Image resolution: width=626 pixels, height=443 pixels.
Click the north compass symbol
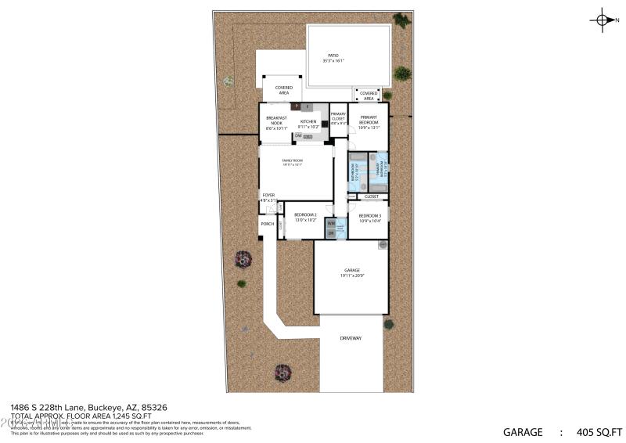tap(603, 21)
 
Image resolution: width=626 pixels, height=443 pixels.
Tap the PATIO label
tap(333, 55)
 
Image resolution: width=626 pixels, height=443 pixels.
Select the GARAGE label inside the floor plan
tap(352, 271)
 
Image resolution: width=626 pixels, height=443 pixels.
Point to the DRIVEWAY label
tap(351, 338)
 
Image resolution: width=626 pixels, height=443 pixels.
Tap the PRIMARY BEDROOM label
tap(369, 120)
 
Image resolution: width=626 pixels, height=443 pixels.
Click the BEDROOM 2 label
tap(305, 214)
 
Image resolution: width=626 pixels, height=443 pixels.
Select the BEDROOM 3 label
tap(369, 215)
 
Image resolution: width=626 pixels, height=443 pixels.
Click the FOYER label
tap(268, 195)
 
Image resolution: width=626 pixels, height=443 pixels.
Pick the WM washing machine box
tap(331, 223)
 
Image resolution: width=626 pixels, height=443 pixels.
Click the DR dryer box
tap(331, 233)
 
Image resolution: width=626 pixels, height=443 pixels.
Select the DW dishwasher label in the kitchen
tap(298, 135)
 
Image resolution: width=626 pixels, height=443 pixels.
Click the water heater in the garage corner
tap(383, 245)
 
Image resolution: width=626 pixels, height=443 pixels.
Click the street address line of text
tap(88, 407)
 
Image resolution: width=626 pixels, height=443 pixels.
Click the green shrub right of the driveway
tap(388, 324)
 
